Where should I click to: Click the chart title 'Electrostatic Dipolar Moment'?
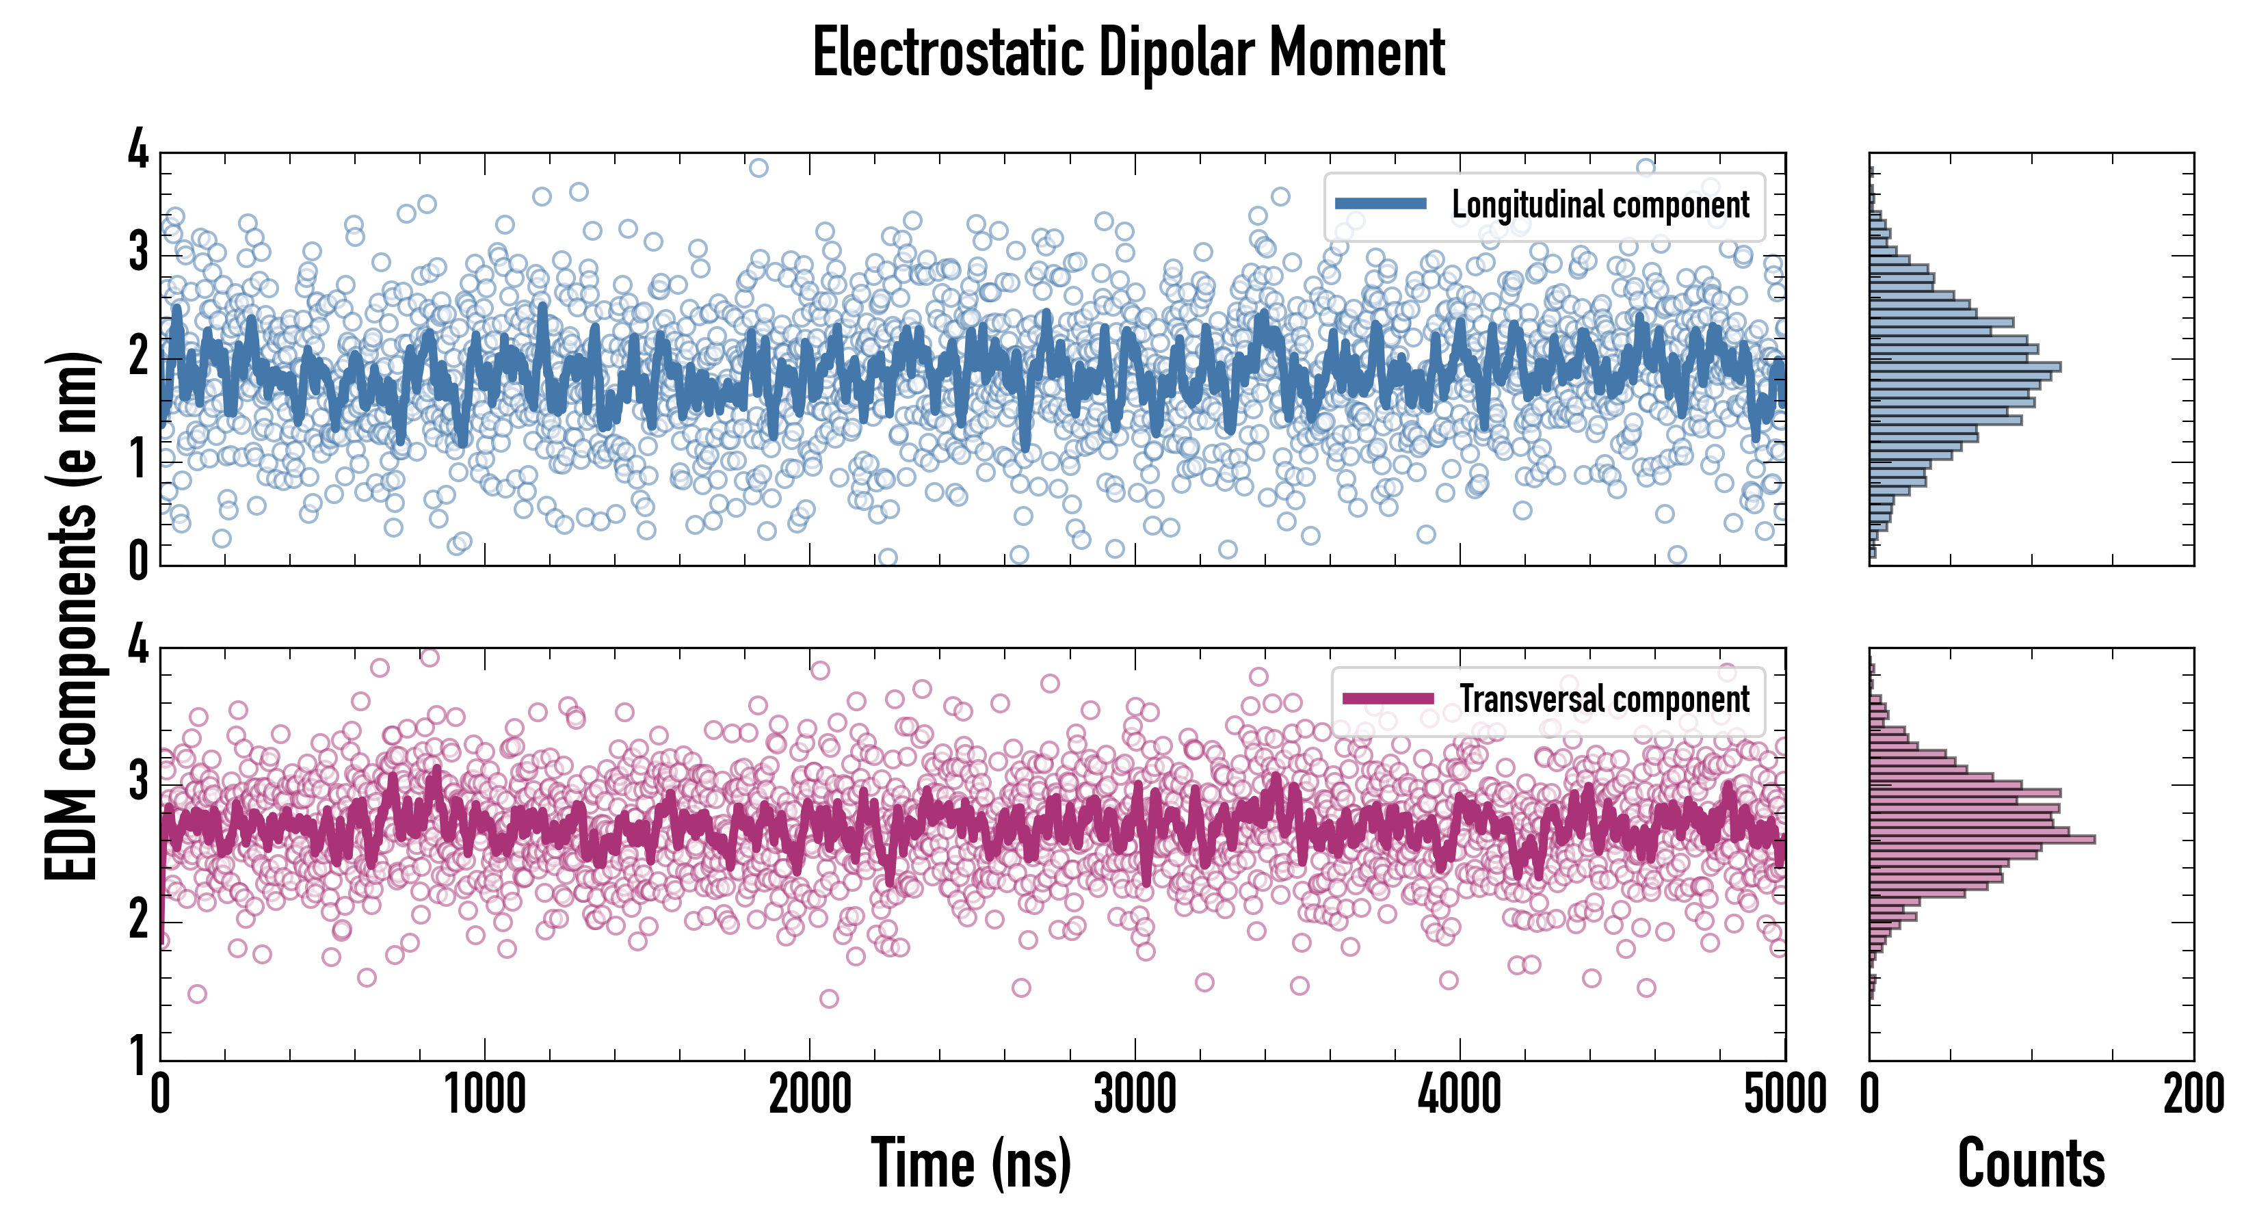(x=1128, y=53)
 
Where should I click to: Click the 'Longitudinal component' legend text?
(x=1600, y=205)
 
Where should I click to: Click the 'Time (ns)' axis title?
(x=971, y=1162)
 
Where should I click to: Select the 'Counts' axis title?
(x=2031, y=1162)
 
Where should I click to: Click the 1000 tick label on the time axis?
(x=484, y=1095)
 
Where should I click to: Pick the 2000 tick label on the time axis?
(x=810, y=1095)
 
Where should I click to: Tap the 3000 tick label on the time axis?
(x=1135, y=1095)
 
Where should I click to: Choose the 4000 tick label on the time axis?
(x=1460, y=1095)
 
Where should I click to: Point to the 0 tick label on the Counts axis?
(x=1870, y=1095)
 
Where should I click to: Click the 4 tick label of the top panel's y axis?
(x=138, y=150)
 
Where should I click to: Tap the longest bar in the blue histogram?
(x=1964, y=367)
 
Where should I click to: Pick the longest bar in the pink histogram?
(x=1982, y=839)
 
